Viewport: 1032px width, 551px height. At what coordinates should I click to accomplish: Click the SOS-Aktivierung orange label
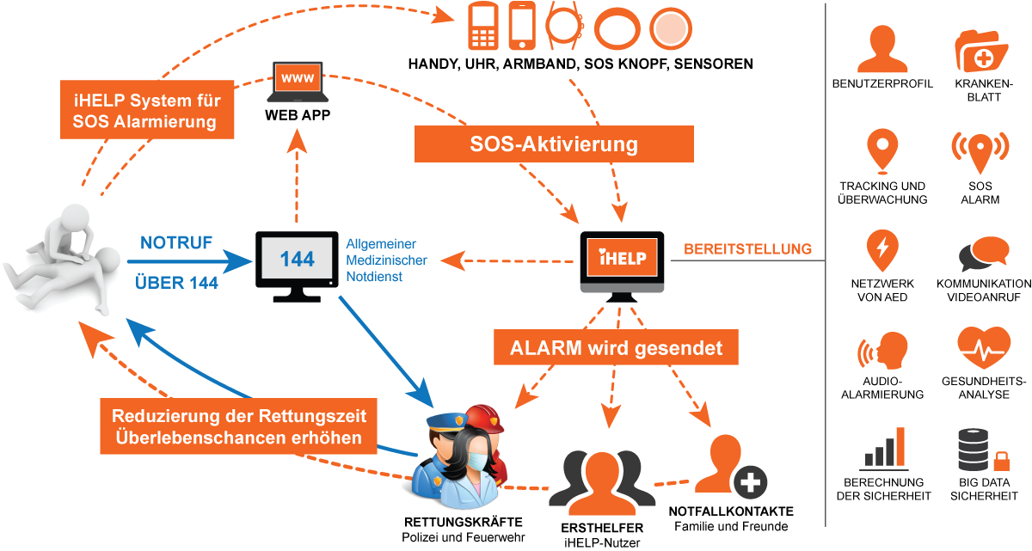[554, 144]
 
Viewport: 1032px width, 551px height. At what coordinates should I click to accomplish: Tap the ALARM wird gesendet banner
[616, 349]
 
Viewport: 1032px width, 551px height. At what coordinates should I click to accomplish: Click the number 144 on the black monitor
[297, 258]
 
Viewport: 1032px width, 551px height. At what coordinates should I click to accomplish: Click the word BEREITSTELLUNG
[747, 249]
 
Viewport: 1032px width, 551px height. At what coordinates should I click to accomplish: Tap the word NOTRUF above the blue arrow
[176, 243]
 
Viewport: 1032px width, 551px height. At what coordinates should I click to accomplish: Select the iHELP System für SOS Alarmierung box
[148, 109]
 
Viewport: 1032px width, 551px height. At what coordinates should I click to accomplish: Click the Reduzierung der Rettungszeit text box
[239, 427]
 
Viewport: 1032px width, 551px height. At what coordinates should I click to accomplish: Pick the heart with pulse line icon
[982, 347]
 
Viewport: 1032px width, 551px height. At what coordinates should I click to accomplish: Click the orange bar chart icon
[883, 449]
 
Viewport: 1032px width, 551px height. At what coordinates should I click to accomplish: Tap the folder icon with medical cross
[981, 50]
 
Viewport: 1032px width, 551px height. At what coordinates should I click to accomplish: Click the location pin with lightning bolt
[882, 250]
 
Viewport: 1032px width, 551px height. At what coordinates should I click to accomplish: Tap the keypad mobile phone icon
[483, 27]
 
